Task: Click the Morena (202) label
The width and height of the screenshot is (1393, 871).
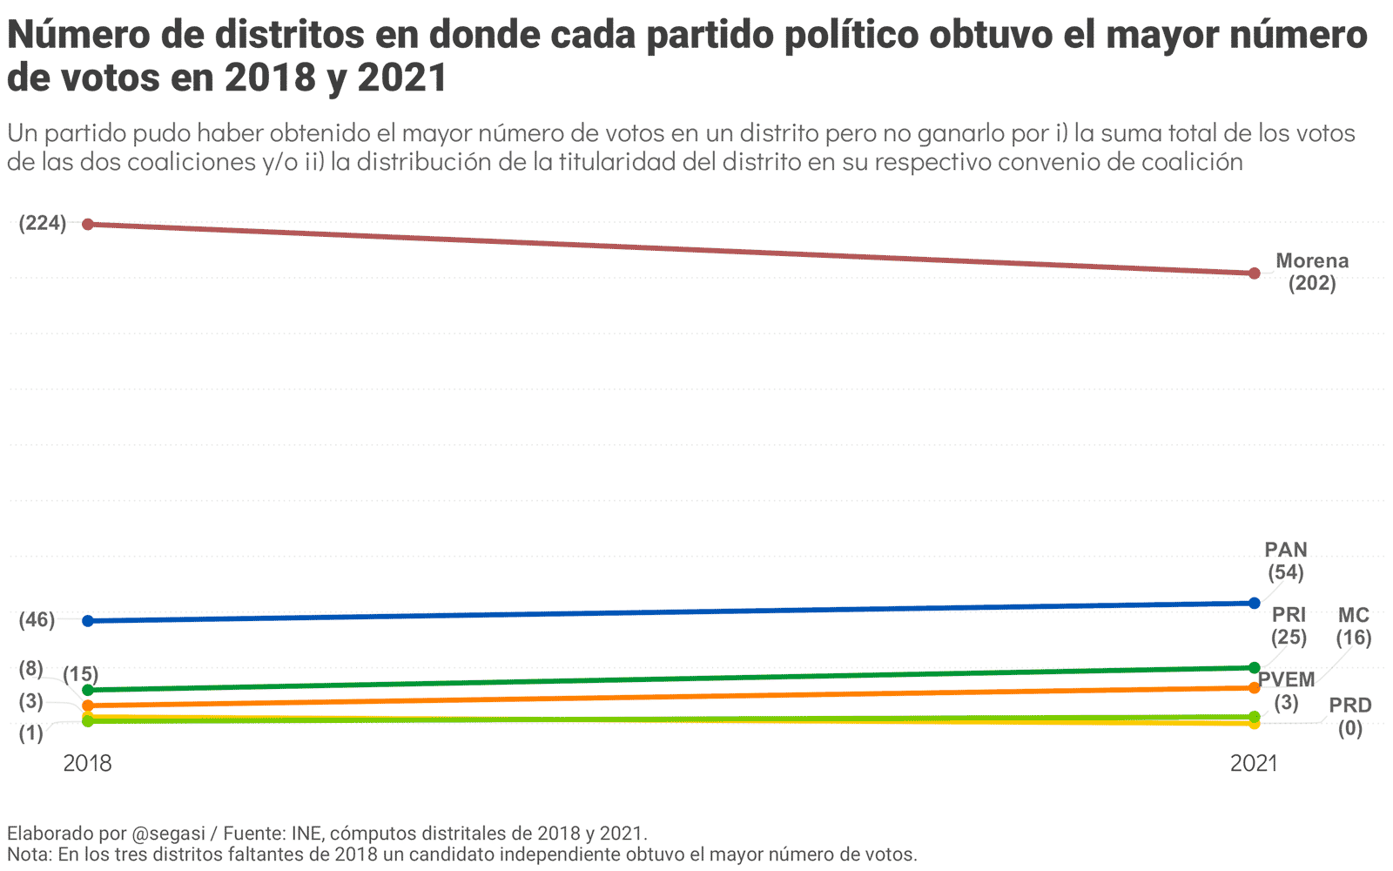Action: click(1311, 272)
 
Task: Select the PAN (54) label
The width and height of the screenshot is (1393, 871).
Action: click(1285, 561)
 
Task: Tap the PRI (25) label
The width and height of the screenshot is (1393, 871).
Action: click(1289, 626)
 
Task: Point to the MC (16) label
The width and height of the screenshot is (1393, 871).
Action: click(1354, 626)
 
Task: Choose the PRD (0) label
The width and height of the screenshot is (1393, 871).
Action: click(1349, 717)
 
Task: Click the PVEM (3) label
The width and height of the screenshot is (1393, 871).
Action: click(1286, 691)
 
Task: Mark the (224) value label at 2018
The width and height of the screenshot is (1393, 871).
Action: click(43, 223)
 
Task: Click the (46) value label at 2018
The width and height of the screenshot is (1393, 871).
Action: click(37, 620)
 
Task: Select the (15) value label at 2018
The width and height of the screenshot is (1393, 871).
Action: click(80, 674)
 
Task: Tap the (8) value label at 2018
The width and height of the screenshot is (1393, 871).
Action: click(30, 669)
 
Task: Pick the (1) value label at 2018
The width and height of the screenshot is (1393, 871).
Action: click(30, 733)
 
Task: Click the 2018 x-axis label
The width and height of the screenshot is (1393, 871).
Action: click(87, 764)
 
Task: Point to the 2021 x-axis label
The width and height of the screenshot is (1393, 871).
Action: click(1254, 764)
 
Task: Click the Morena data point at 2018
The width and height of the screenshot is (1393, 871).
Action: click(88, 224)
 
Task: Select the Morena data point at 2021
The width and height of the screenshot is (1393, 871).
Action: click(1254, 273)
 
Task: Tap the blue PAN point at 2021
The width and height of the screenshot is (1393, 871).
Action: click(1254, 603)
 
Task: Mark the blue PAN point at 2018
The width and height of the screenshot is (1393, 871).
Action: click(88, 621)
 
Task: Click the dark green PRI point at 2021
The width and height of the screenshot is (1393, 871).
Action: click(1254, 668)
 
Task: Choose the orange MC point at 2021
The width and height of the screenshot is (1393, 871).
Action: click(1254, 688)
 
